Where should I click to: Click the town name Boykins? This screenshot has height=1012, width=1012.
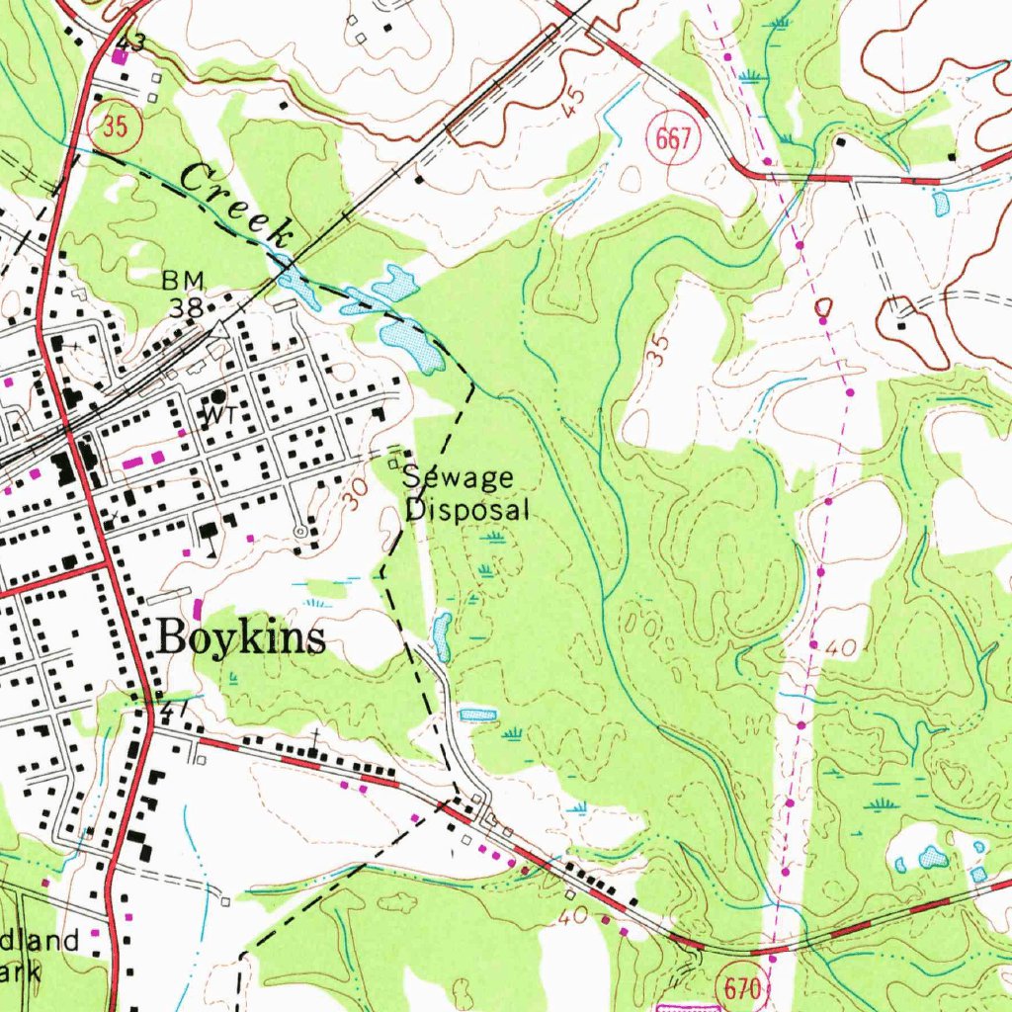point(242,638)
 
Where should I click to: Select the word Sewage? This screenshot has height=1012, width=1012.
point(458,478)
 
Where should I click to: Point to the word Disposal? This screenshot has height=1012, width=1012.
point(468,510)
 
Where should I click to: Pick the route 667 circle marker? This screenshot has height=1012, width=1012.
point(673,138)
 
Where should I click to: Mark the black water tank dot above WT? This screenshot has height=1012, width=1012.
point(217,394)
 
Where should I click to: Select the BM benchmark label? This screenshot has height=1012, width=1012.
point(183,282)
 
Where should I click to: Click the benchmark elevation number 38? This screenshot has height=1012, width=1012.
point(185,307)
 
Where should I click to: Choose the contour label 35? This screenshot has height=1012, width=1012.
point(659,350)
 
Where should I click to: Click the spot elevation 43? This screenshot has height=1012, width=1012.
point(129,42)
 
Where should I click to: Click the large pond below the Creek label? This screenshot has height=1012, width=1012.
point(416,346)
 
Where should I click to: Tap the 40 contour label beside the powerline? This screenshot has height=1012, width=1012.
point(842,648)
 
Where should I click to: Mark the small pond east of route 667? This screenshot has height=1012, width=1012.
point(940,204)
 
